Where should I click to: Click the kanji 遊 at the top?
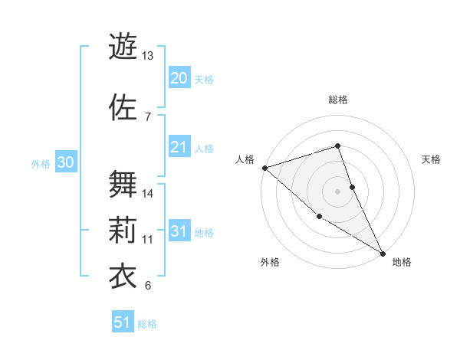pyautogui.click(x=122, y=44)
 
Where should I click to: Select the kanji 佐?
pyautogui.click(x=122, y=106)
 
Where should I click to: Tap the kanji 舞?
pyautogui.click(x=122, y=182)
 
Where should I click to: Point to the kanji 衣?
pyautogui.click(x=122, y=274)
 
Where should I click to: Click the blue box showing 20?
pyautogui.click(x=179, y=78)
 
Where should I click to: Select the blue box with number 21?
pyautogui.click(x=179, y=147)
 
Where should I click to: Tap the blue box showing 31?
pyautogui.click(x=179, y=231)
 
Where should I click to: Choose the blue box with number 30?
pyautogui.click(x=65, y=162)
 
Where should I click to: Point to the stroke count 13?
pyautogui.click(x=147, y=56)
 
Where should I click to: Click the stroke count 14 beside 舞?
pyautogui.click(x=147, y=194)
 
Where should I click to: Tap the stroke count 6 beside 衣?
pyautogui.click(x=147, y=286)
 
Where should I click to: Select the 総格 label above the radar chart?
pyautogui.click(x=338, y=100)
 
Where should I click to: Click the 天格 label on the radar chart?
pyautogui.click(x=432, y=159)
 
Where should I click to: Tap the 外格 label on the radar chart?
pyautogui.click(x=270, y=262)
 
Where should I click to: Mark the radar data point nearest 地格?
pyautogui.click(x=383, y=253)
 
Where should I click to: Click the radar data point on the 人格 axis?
pyautogui.click(x=264, y=168)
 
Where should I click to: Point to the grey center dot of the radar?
pyautogui.click(x=338, y=191)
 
